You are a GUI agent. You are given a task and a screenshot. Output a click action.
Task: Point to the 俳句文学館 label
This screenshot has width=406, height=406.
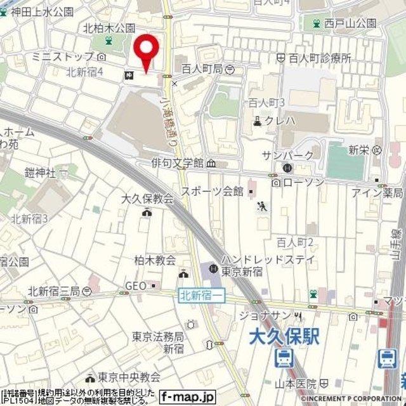click(177, 163)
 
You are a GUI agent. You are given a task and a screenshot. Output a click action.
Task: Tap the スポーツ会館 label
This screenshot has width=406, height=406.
click(212, 190)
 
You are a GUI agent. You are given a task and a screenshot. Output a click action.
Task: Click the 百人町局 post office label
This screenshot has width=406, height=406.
click(201, 69)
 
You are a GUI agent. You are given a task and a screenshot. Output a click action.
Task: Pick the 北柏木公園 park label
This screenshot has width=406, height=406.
click(109, 29)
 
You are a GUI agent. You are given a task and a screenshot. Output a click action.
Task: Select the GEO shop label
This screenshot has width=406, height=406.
click(135, 286)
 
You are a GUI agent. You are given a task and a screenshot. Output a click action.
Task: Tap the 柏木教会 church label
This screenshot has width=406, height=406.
click(155, 260)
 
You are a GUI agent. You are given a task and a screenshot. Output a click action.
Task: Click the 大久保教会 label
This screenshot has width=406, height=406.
click(147, 199)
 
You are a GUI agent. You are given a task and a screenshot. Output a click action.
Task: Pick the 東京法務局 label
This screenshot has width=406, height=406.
click(157, 337)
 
